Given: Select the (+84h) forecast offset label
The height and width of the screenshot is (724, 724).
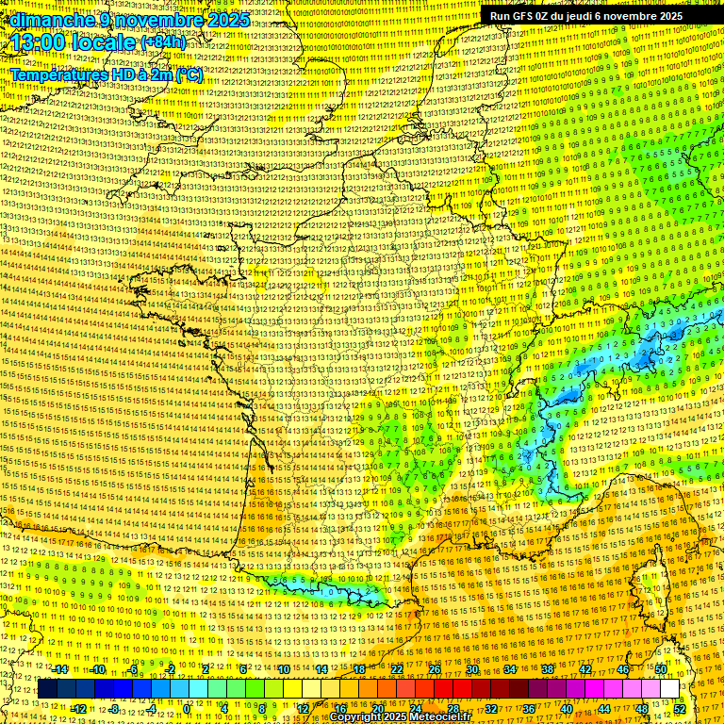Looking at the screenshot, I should [x=164, y=43].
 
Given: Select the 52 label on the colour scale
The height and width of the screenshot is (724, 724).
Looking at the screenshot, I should [x=681, y=709].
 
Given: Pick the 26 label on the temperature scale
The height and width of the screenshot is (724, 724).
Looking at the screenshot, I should [x=435, y=669].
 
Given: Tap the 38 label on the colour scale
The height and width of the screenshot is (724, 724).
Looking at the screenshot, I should [x=548, y=669].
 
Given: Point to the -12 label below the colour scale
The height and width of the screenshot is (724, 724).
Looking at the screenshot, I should [x=79, y=709].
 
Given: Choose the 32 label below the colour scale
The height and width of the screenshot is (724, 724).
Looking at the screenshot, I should [x=491, y=709].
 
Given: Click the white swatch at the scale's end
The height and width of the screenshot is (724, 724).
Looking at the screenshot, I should [x=669, y=689].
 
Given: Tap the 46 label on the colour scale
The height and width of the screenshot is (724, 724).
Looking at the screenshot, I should [x=623, y=669].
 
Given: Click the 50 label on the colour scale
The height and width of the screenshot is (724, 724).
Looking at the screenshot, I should [x=661, y=669].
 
